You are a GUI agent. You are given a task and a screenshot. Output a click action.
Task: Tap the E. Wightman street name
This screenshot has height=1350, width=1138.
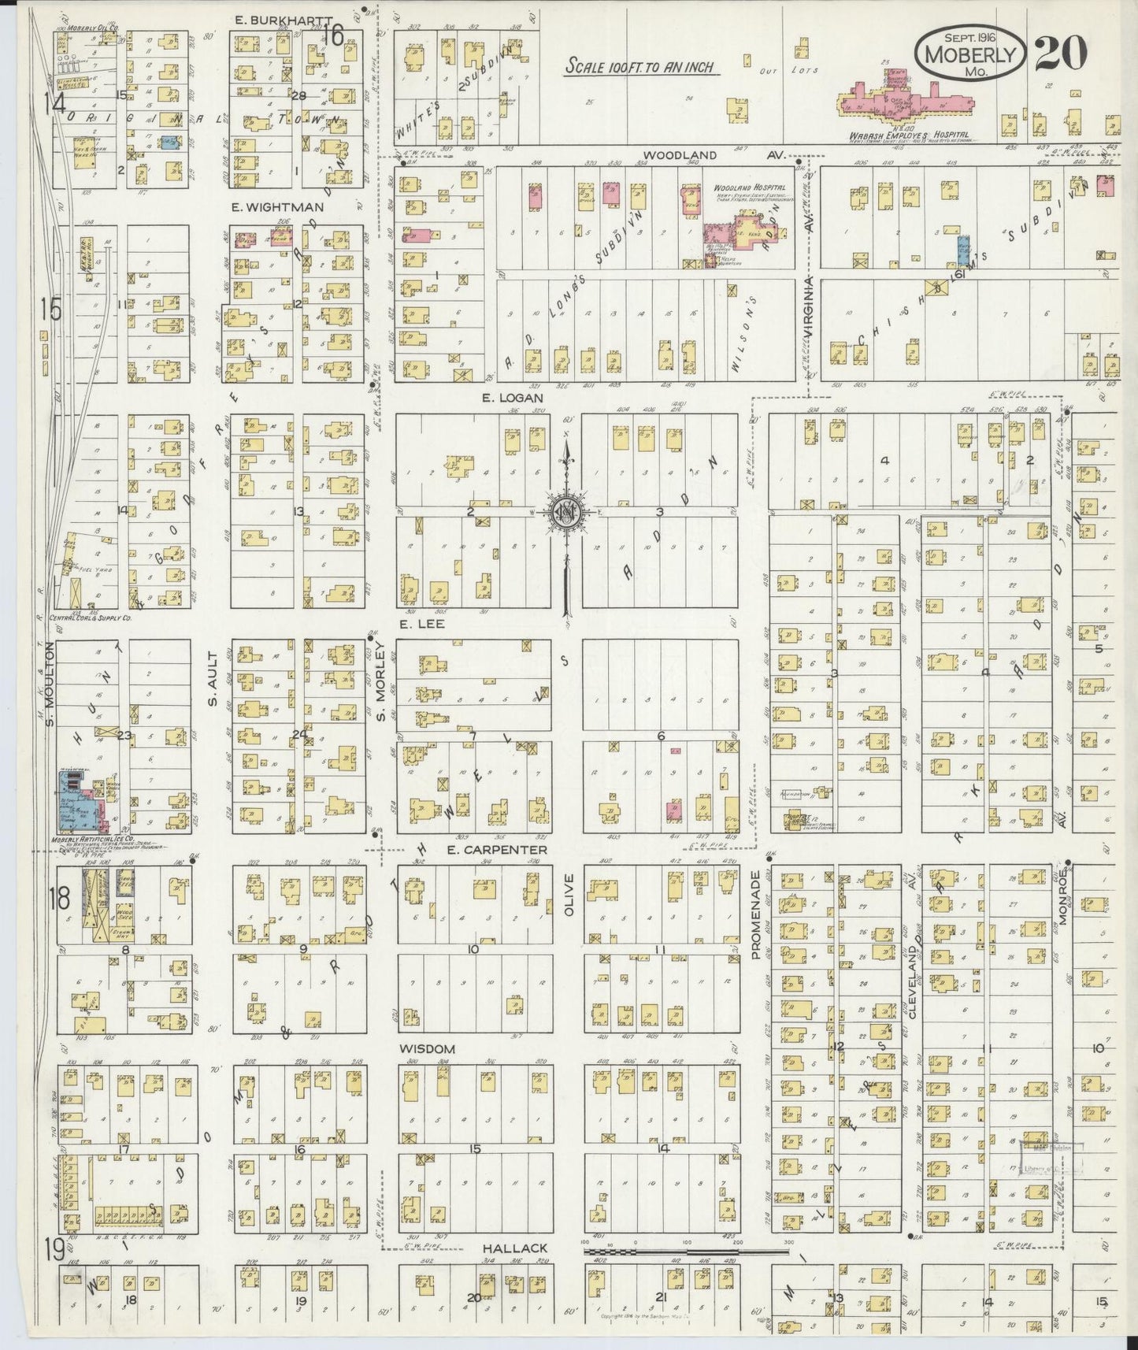[x=268, y=206]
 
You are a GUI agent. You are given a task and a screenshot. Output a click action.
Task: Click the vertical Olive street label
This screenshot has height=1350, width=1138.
[x=569, y=893]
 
